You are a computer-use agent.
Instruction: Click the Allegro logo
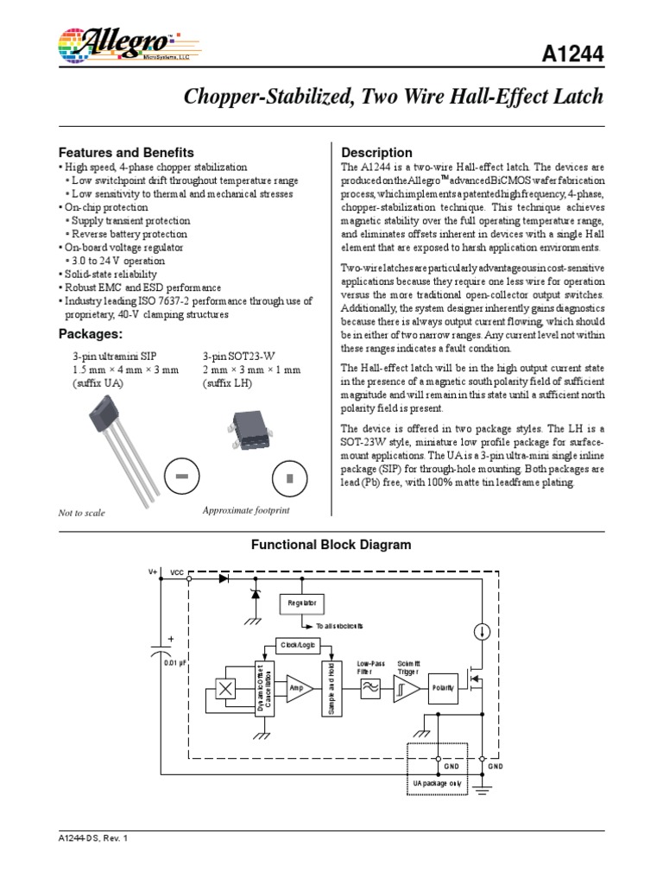pyautogui.click(x=121, y=44)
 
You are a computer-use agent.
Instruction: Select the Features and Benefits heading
pyautogui.click(x=125, y=152)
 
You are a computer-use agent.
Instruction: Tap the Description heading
pyautogui.click(x=377, y=152)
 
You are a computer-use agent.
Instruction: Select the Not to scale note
pyautogui.click(x=81, y=512)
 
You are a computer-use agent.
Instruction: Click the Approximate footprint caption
pyautogui.click(x=246, y=510)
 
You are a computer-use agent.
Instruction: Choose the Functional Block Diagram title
pyautogui.click(x=331, y=545)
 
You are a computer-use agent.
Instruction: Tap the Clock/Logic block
pyautogui.click(x=297, y=644)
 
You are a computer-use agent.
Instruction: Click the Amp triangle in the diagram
pyautogui.click(x=298, y=688)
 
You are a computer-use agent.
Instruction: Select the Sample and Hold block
pyautogui.click(x=330, y=688)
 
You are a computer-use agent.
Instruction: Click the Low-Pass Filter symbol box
pyautogui.click(x=370, y=688)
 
